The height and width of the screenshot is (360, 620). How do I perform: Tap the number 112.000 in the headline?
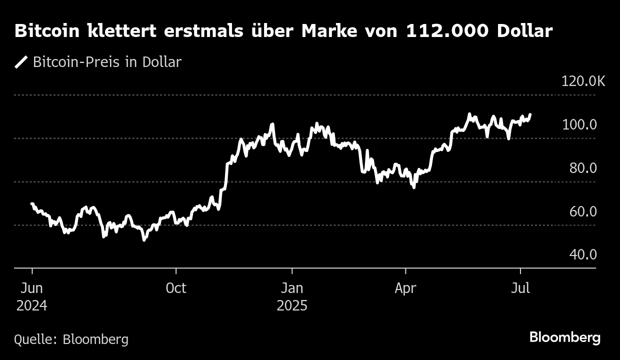click(447, 31)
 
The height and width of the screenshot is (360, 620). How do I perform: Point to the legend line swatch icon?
click(21, 62)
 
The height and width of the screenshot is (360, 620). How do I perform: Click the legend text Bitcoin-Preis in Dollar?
click(106, 62)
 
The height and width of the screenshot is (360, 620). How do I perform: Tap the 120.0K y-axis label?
click(583, 81)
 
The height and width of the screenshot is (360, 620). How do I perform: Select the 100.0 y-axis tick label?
click(579, 124)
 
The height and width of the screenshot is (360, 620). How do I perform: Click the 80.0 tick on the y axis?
click(583, 168)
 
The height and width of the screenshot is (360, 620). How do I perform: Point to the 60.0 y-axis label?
click(583, 211)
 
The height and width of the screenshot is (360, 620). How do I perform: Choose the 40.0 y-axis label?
click(583, 254)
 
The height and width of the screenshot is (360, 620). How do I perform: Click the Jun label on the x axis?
click(32, 288)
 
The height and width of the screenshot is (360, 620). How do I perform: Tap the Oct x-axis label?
click(176, 288)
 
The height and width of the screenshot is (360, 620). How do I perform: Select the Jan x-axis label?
click(291, 288)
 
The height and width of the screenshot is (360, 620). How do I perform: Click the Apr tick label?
click(405, 288)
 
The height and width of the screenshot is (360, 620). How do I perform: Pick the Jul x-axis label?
click(521, 288)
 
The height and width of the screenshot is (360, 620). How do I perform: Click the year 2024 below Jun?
click(32, 305)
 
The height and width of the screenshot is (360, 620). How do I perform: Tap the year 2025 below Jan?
click(291, 305)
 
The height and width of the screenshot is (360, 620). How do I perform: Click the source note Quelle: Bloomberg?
click(71, 339)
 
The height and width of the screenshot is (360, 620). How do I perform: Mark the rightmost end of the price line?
click(530, 114)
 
